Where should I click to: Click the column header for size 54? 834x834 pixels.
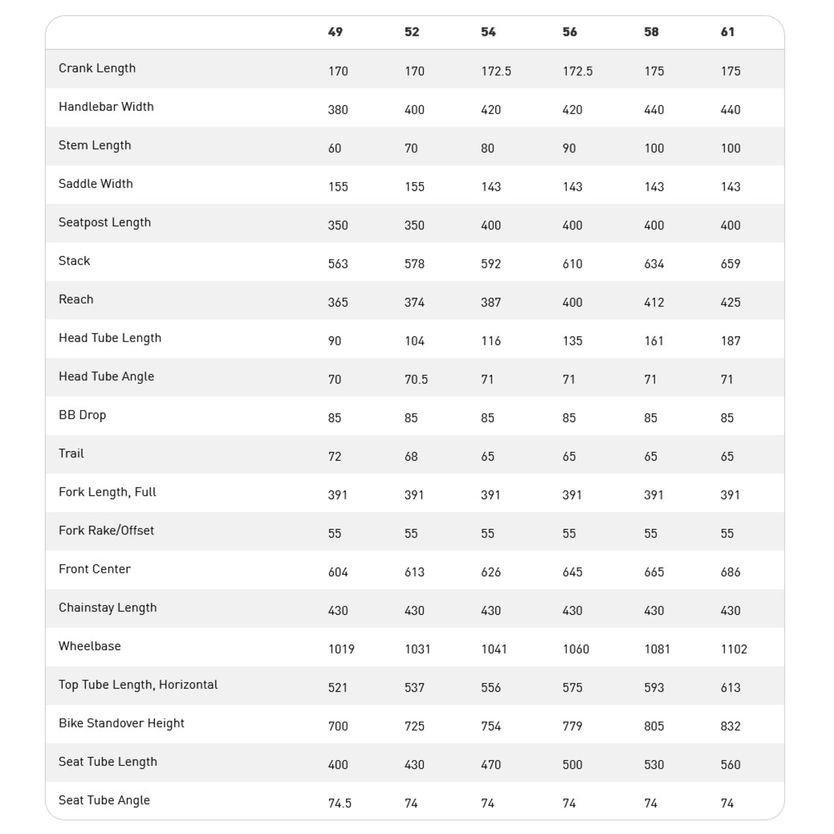(x=488, y=32)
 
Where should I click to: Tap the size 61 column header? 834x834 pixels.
(x=728, y=32)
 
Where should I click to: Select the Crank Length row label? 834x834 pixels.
(x=97, y=68)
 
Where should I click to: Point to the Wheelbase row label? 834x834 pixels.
(x=90, y=646)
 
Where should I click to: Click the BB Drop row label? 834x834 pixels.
(x=82, y=415)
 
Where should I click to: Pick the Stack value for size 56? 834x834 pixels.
(x=572, y=264)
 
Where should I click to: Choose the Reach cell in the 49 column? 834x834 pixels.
(x=338, y=302)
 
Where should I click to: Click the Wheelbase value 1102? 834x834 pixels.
(x=734, y=649)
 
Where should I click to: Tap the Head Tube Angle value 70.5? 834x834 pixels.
(x=416, y=379)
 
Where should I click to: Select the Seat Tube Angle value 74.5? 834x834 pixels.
(x=339, y=803)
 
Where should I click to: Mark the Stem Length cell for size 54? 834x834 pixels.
(x=487, y=149)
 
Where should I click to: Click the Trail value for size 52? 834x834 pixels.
(x=411, y=457)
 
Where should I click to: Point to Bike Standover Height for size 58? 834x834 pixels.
(x=654, y=726)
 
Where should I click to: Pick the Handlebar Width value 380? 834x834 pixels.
(x=338, y=110)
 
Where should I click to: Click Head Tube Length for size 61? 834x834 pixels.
(x=730, y=341)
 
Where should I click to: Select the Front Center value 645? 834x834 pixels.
(x=572, y=572)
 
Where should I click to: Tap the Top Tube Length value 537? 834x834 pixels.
(x=414, y=687)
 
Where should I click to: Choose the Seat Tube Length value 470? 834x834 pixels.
(x=491, y=765)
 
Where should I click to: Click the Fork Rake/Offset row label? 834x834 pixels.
(x=106, y=530)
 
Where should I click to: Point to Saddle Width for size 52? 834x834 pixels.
(x=414, y=187)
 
